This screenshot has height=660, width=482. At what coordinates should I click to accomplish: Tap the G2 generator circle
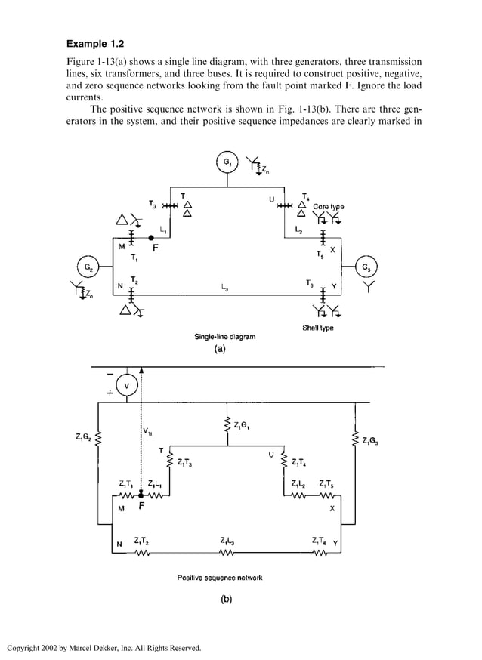pos(88,267)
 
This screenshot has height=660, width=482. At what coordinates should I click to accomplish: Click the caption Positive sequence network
pos(220,578)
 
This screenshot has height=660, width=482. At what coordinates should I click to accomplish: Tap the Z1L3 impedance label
pos(227,541)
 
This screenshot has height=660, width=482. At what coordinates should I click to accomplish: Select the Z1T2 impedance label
pos(141,541)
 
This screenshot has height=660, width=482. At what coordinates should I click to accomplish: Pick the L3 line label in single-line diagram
pos(227,287)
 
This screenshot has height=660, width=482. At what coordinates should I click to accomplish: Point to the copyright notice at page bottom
pos(104,647)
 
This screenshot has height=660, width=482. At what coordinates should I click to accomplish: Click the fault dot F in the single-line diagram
pos(152,237)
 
